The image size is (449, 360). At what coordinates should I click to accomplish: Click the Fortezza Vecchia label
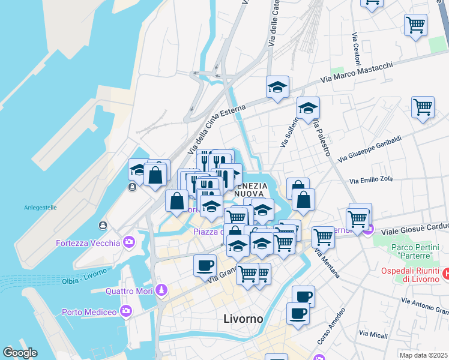[88, 243]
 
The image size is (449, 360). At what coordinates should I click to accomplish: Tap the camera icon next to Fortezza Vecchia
[128, 242]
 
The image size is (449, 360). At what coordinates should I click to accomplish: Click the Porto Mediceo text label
[89, 311]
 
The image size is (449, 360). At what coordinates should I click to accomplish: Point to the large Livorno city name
[243, 319]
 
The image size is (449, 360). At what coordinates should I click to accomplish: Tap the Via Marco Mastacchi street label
[357, 72]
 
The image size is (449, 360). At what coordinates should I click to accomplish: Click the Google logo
[20, 353]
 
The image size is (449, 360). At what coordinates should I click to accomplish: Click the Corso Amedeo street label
[331, 327]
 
